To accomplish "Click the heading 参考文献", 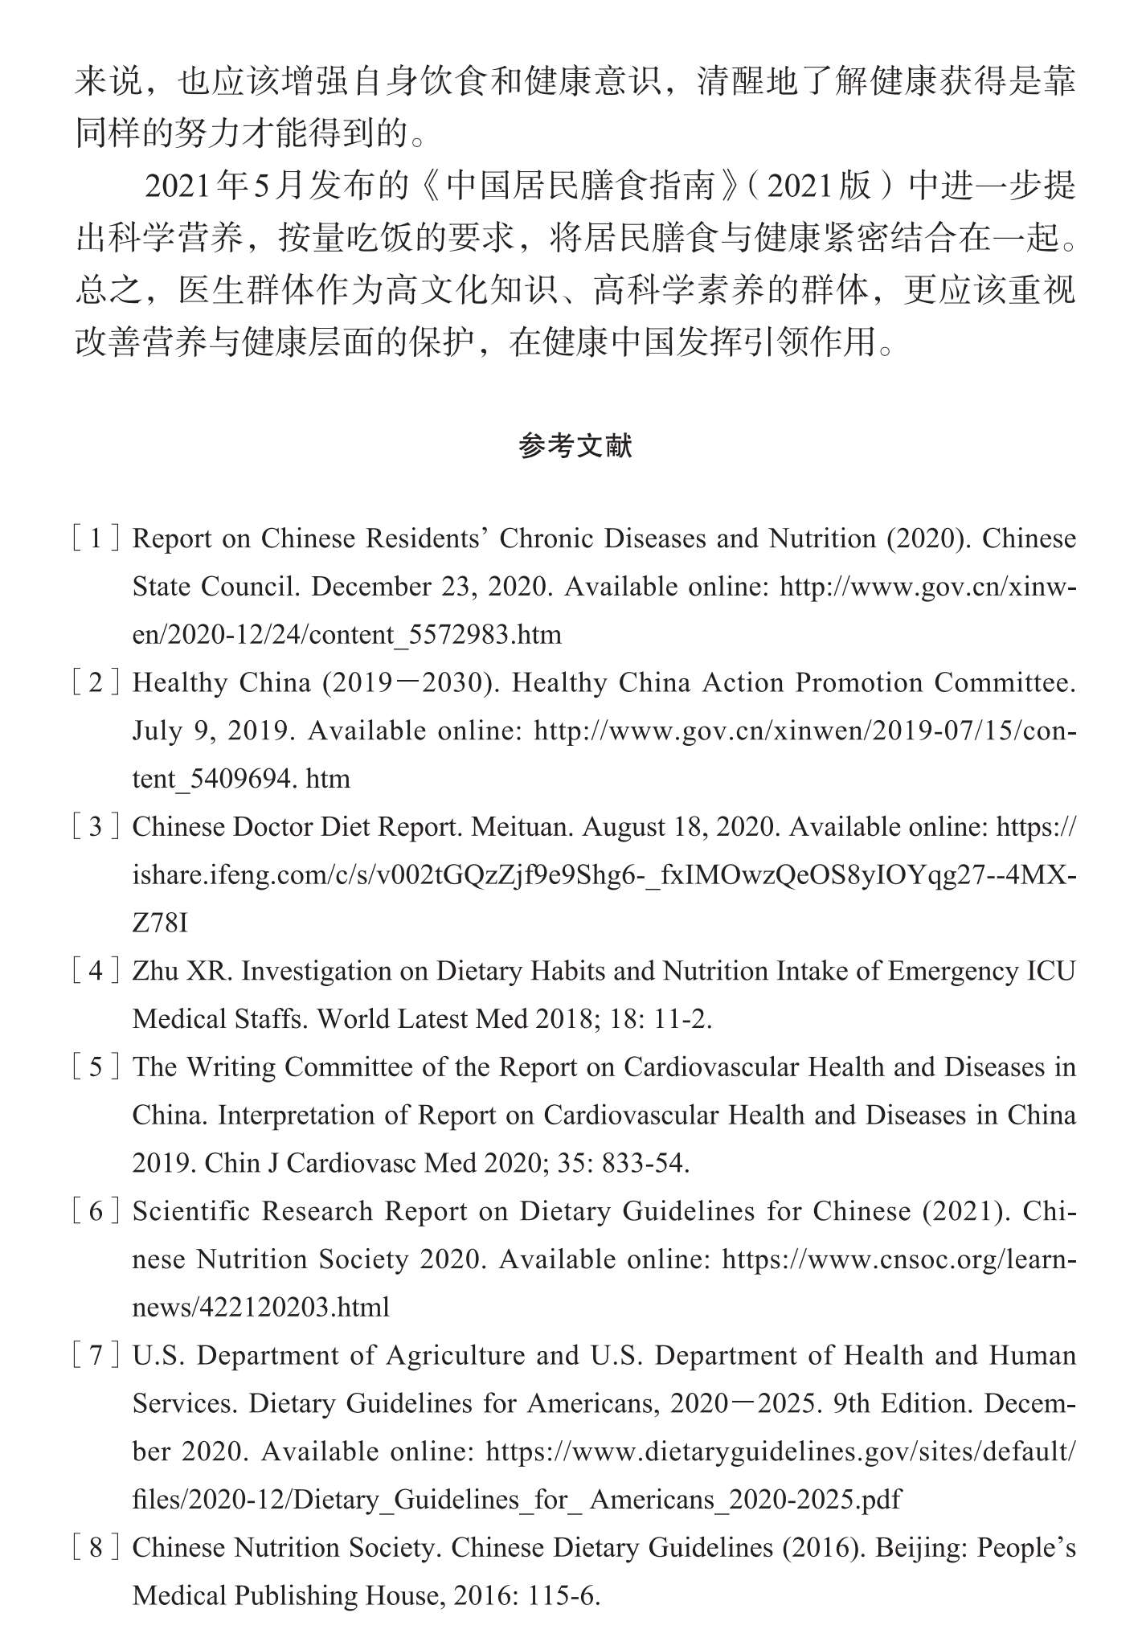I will (x=575, y=446).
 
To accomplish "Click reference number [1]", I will (x=96, y=538).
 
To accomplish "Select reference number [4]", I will (x=96, y=971).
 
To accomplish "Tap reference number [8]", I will (x=96, y=1547).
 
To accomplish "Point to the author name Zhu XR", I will (x=182, y=971).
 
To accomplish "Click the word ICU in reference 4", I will (x=1051, y=971).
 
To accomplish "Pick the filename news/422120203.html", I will (x=261, y=1308).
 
